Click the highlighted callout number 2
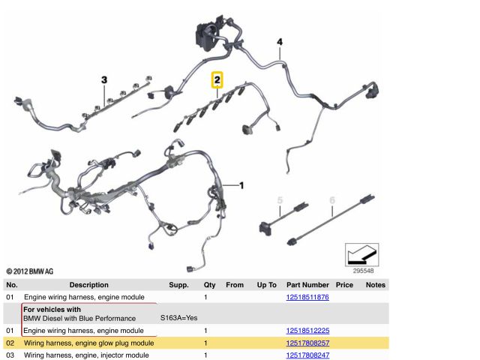(217, 80)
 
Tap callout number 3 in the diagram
(104, 80)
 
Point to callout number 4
(280, 42)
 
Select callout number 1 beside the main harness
(241, 185)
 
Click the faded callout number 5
(280, 200)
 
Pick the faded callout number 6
(332, 200)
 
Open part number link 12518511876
(307, 297)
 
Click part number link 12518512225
(307, 331)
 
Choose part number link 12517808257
(307, 343)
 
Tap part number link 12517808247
(307, 355)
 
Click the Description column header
(88, 285)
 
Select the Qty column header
(210, 285)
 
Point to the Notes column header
(376, 285)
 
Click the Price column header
(344, 285)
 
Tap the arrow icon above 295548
(361, 255)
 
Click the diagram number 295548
(363, 271)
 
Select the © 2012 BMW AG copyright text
(30, 271)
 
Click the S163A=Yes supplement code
(179, 318)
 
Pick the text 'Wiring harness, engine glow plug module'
(88, 343)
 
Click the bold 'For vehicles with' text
(52, 310)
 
